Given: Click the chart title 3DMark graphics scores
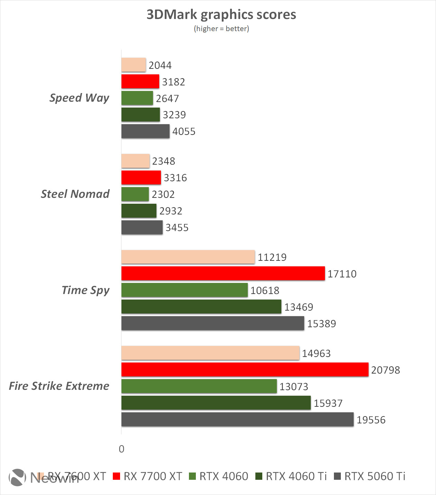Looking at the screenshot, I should pos(221,15).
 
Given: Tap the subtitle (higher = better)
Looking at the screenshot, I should pos(221,29).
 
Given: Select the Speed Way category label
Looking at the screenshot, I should pos(79,98).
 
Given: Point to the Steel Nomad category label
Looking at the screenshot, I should pos(75,194).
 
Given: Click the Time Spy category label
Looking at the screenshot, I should pos(85,290).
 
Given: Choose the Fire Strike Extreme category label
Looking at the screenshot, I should pos(59,386).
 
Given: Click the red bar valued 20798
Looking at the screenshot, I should pos(245,369).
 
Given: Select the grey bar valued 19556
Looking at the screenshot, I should pos(237,419).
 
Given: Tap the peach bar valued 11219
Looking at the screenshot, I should pos(188,257).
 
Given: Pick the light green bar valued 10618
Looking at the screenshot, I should pos(184,290).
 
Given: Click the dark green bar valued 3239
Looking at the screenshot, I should pos(140,114).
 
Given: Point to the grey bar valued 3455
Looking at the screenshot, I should pos(142,227).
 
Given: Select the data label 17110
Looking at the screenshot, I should pos(342,274).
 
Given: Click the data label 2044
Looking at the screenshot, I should pos(160,65).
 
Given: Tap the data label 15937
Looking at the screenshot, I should pos(328,403).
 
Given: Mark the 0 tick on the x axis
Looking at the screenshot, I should pos(121,449).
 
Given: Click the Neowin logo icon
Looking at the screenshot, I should pos(17,477).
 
